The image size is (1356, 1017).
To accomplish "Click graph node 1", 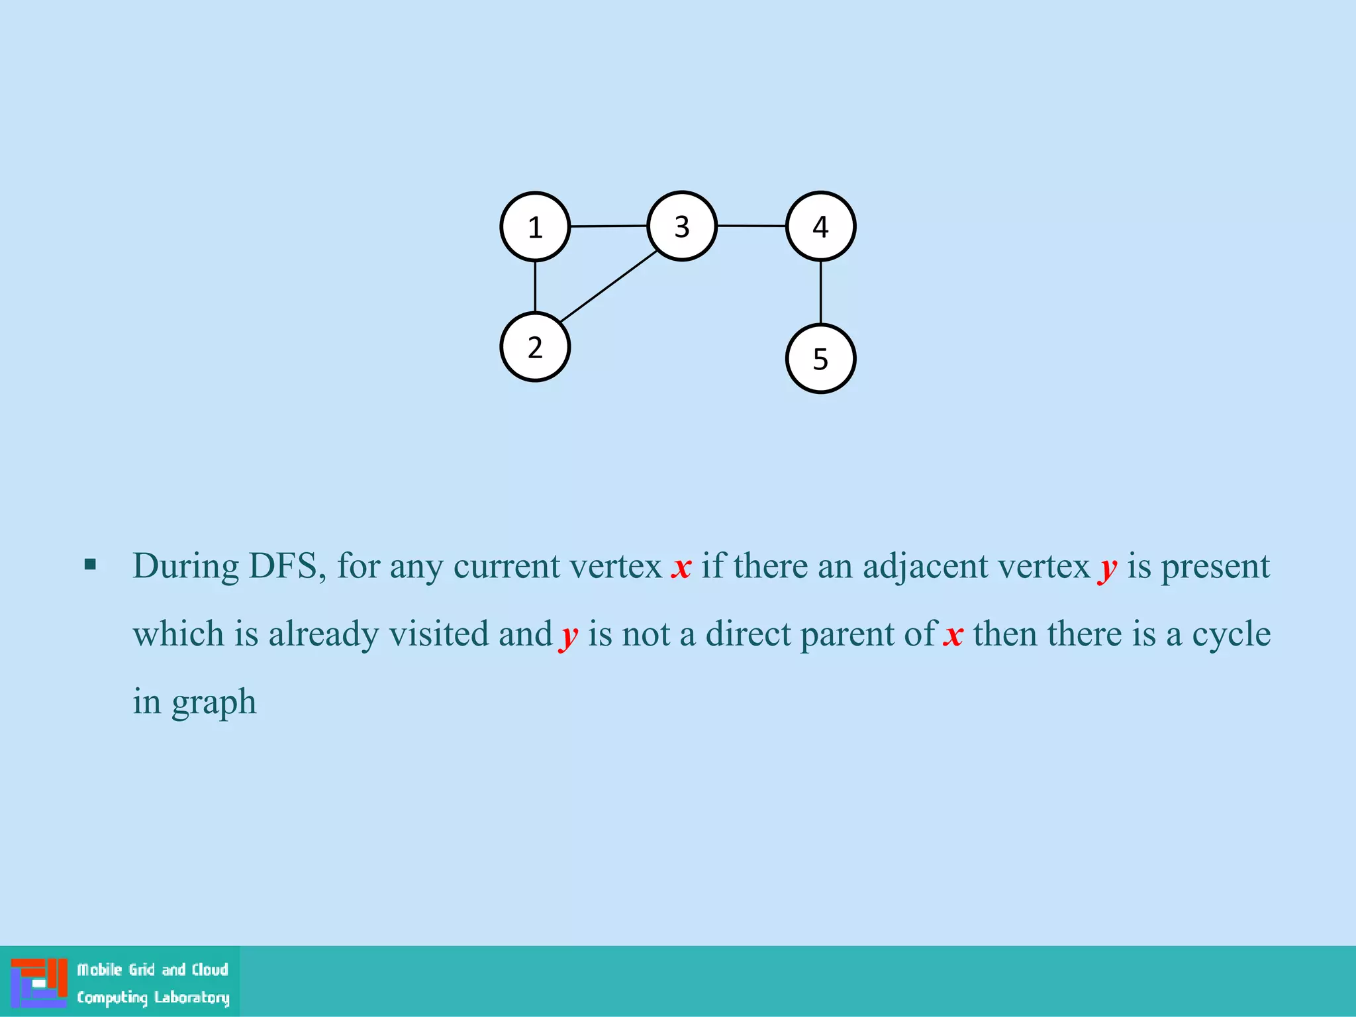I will [x=535, y=227].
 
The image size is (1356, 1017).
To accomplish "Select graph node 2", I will [x=535, y=347].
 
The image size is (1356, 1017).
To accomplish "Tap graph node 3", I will [x=682, y=226].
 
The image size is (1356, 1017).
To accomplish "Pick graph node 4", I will [x=820, y=226].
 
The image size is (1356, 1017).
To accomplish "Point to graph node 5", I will [x=820, y=359].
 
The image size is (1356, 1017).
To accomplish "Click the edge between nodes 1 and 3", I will [x=608, y=226].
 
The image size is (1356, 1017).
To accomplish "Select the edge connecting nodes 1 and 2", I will [x=535, y=287].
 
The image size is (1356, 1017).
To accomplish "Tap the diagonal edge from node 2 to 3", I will [x=608, y=287].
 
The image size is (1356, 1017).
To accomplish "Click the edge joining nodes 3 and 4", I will [x=751, y=226].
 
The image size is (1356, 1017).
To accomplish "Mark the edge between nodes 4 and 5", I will [x=820, y=292].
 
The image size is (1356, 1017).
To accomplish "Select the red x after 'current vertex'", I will [x=681, y=568].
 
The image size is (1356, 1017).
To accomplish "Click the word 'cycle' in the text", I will [x=1231, y=634].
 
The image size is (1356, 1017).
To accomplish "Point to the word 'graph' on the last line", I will [x=214, y=703].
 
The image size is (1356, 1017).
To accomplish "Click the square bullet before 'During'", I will [x=91, y=565].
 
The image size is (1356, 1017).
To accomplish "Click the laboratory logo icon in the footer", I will [x=39, y=983].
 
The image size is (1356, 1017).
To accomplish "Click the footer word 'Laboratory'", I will [x=191, y=997].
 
